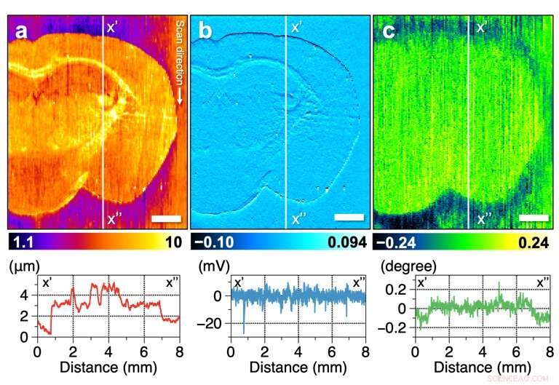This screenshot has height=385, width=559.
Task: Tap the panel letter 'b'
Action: click(x=206, y=33)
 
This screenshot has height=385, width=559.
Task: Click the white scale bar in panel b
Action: click(x=349, y=218)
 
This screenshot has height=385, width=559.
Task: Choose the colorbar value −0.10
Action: click(x=213, y=243)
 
